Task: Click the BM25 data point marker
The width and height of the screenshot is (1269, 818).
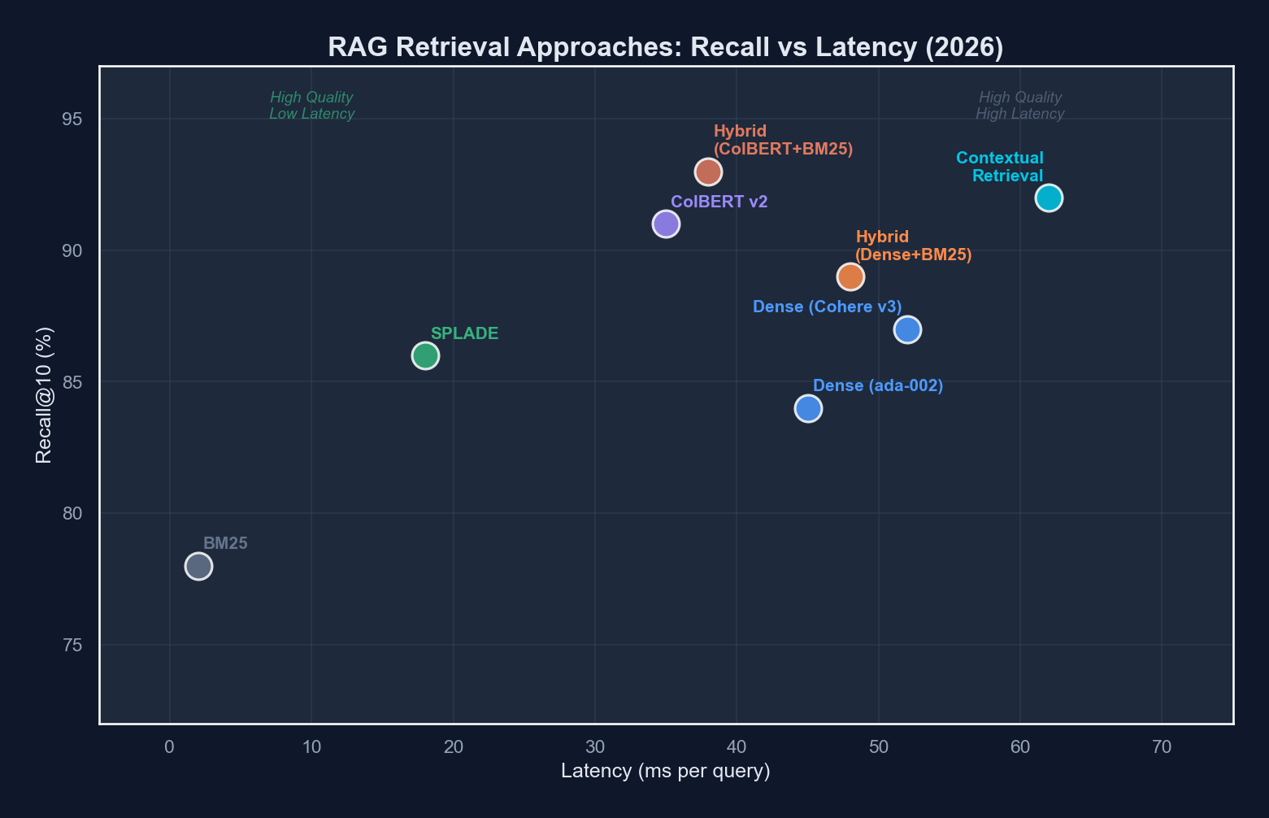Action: pos(198,566)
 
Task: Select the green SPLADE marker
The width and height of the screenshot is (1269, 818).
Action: pos(425,355)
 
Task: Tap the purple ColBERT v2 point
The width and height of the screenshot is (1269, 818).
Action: pos(666,224)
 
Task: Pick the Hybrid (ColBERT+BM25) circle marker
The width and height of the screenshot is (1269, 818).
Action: pos(708,172)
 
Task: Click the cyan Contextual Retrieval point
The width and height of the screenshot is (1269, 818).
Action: pos(1049,198)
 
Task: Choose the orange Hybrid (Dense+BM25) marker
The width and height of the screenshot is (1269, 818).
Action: pos(850,276)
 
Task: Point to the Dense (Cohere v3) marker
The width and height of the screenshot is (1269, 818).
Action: pos(907,329)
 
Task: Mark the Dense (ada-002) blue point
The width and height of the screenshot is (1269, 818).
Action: pos(808,408)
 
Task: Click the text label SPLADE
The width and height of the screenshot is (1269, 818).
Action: pos(464,333)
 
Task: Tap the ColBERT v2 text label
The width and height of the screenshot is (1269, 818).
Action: pos(719,202)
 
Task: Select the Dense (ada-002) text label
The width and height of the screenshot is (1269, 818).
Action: pos(878,386)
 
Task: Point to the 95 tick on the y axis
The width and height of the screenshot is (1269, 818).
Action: pos(72,120)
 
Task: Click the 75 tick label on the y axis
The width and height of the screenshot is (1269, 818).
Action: pos(72,646)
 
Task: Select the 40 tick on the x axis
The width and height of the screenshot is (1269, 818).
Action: pos(737,746)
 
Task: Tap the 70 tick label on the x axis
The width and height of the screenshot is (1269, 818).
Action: pos(1162,746)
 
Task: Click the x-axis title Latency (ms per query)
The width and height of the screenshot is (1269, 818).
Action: pos(666,771)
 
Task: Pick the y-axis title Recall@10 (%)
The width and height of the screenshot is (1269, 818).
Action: pos(44,395)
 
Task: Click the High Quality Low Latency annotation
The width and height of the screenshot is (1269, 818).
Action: pos(311,106)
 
